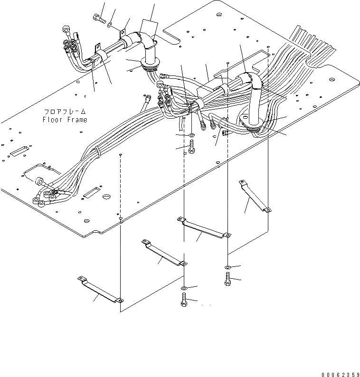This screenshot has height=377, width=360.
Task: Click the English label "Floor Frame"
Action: tap(64, 120)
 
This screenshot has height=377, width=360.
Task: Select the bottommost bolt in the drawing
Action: tap(184, 300)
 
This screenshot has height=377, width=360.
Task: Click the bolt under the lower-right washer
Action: tap(227, 280)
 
